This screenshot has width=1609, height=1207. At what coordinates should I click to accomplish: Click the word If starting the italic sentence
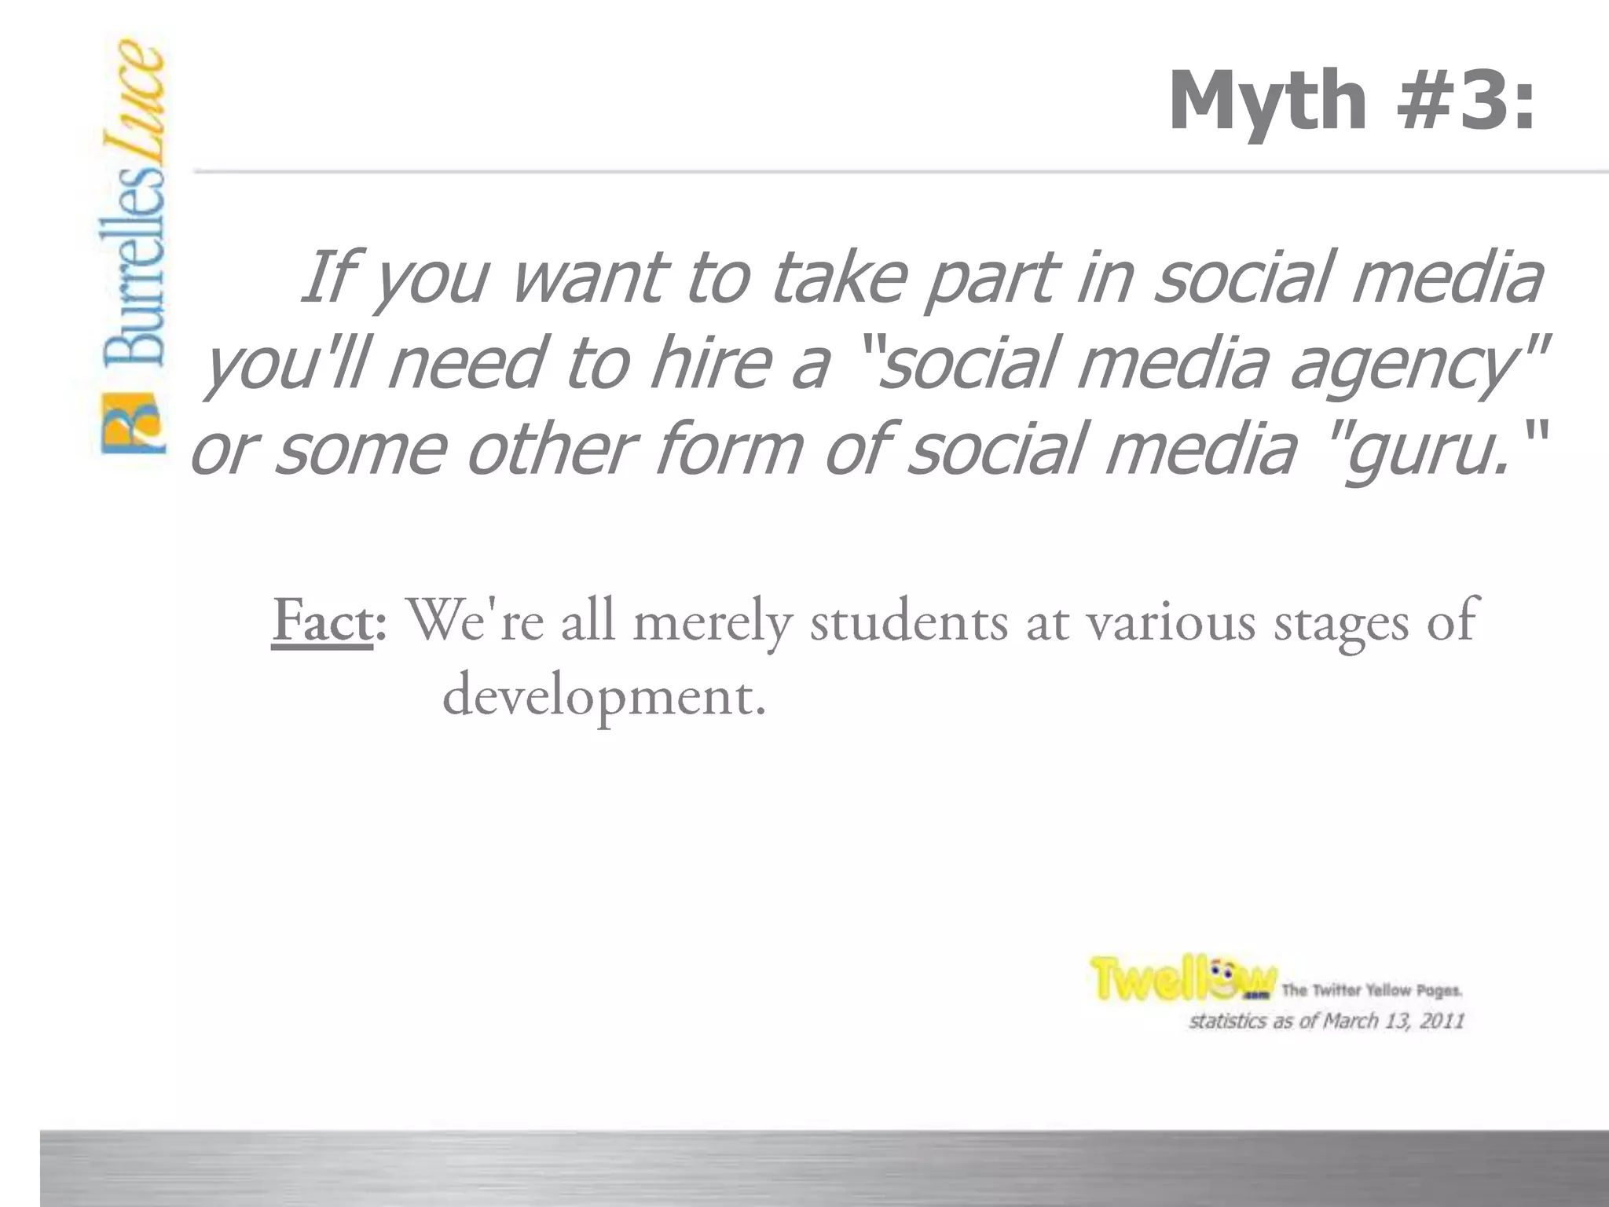click(x=326, y=277)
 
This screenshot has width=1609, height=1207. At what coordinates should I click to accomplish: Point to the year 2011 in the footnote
click(x=1441, y=1021)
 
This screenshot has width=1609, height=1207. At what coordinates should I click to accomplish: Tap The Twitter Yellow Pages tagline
click(x=1372, y=990)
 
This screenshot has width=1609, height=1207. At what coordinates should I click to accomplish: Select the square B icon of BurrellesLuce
click(x=133, y=424)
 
